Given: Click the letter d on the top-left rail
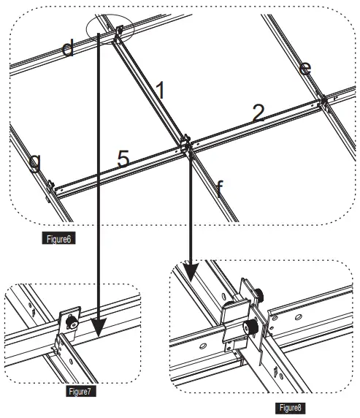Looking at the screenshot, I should pyautogui.click(x=67, y=49).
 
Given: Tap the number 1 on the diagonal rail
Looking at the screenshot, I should pyautogui.click(x=161, y=90).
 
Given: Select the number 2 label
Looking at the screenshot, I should pyautogui.click(x=257, y=113).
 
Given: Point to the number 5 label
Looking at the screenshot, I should pyautogui.click(x=123, y=159).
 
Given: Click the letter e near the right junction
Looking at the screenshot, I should pyautogui.click(x=306, y=68).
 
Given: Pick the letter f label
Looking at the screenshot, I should pyautogui.click(x=219, y=189).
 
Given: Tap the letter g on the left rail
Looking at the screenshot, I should pyautogui.click(x=34, y=161).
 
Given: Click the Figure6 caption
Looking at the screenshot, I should pyautogui.click(x=58, y=237).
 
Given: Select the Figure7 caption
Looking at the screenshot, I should pyautogui.click(x=79, y=391).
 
